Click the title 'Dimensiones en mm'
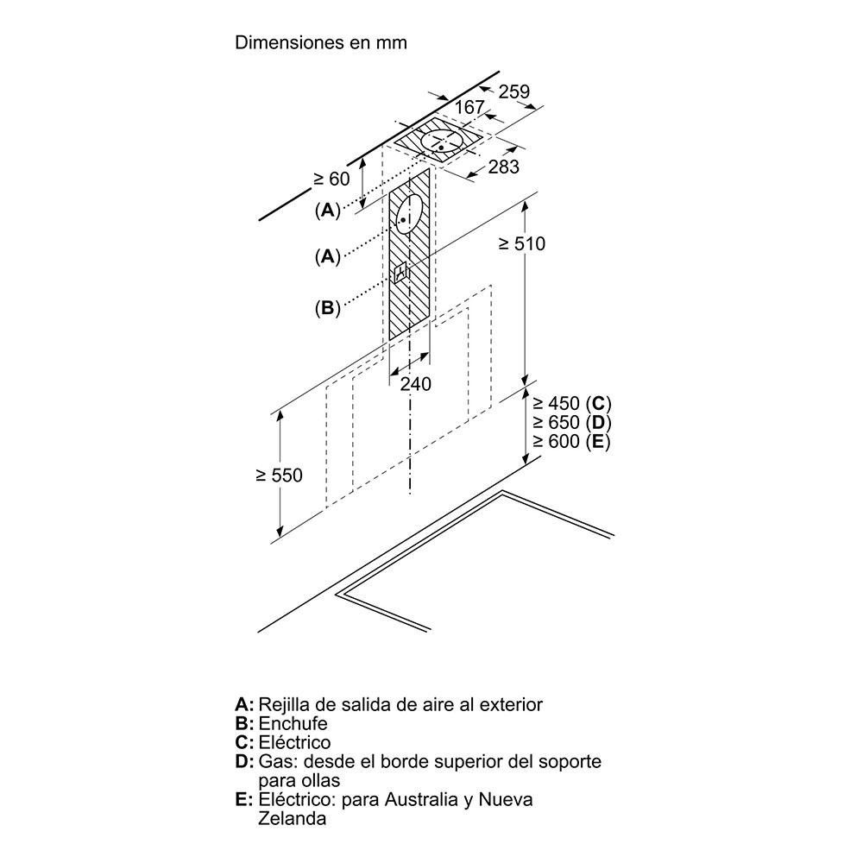point(320,42)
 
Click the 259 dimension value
point(513,91)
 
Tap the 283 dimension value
point(503,167)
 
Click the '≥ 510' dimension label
point(522,244)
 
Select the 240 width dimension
point(416,384)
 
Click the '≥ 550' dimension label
point(279,475)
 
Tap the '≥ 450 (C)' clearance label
point(571,403)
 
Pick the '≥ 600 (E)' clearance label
point(571,441)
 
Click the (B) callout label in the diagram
point(327,307)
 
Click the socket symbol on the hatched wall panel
point(400,274)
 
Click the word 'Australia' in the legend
point(416,800)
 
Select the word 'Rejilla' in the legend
point(284,704)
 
